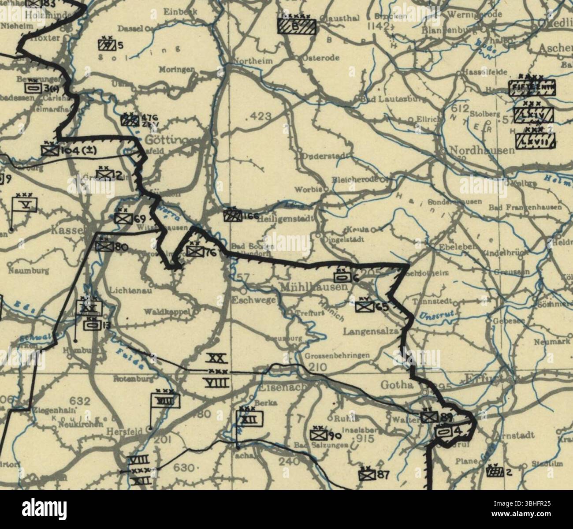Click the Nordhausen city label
(x=481, y=151)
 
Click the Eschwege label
(x=254, y=300)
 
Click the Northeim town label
(x=253, y=61)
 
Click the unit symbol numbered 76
(x=194, y=251)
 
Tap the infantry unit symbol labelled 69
(x=120, y=218)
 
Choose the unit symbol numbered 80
(x=105, y=247)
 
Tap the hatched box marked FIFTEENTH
(x=532, y=88)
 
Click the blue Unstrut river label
(x=434, y=316)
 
